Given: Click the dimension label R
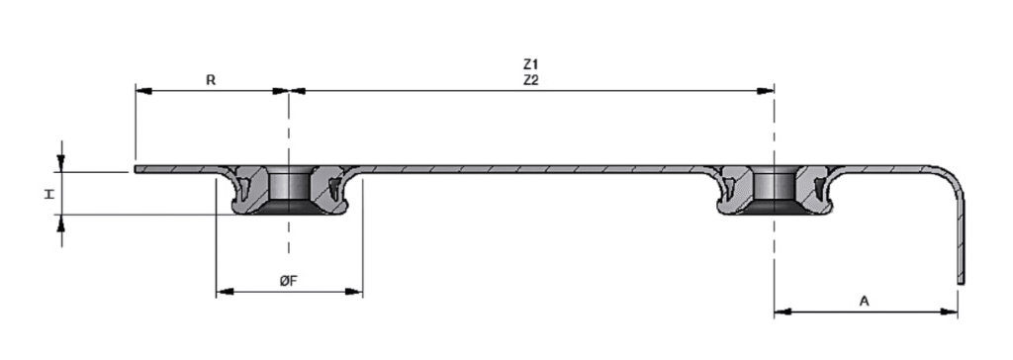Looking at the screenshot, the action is (x=211, y=80).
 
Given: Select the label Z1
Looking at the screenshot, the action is (x=530, y=64).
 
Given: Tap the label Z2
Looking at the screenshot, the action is (x=530, y=81).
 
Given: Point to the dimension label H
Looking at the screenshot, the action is (x=49, y=193).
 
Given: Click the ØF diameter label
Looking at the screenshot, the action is (x=288, y=281).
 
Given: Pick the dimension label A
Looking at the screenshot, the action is (x=865, y=301).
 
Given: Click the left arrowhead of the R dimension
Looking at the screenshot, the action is (x=143, y=91).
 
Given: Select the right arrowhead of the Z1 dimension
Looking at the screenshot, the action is (x=766, y=91).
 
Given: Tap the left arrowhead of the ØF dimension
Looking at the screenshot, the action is (x=225, y=292).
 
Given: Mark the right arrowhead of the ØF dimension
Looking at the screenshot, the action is (x=355, y=292).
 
